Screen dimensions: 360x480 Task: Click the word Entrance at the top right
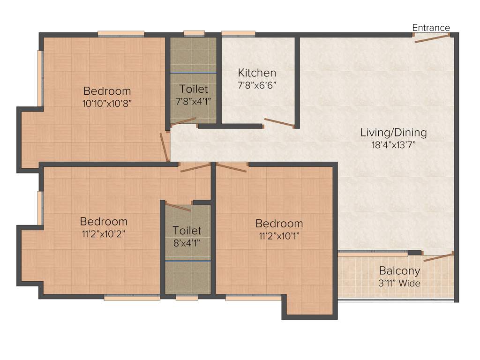[x=431, y=28]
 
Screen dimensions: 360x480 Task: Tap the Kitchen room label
[x=257, y=73]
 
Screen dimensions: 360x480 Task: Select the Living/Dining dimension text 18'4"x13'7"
[x=393, y=145]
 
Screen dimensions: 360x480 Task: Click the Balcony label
[x=399, y=271]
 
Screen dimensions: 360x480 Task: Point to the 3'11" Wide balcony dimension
[x=399, y=283]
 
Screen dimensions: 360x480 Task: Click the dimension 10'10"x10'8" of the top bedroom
[x=107, y=104]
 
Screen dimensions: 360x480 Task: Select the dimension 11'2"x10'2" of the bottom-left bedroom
[x=103, y=233]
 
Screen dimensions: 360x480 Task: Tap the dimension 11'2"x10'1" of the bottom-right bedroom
[x=279, y=235]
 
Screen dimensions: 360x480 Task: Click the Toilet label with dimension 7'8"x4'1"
[x=194, y=89]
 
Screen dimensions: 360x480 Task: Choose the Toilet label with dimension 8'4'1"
[x=187, y=231]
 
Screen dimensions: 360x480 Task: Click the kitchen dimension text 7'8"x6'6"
[x=257, y=85]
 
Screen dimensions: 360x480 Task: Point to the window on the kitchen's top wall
[x=238, y=33]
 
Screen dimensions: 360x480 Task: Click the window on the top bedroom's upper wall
[x=121, y=33]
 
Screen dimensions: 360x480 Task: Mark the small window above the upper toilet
[x=194, y=33]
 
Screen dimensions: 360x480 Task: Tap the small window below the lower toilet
[x=187, y=297]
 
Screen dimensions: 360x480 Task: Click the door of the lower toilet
[x=178, y=207]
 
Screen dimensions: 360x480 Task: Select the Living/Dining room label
[x=393, y=133]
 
